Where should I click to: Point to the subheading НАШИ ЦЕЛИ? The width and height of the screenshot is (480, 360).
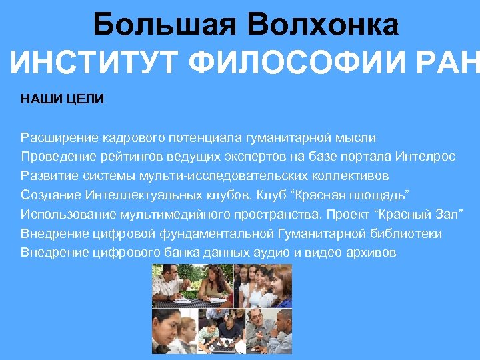(62, 99)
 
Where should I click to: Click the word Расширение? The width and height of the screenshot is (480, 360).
(59, 138)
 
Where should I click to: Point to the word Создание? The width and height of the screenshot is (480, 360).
(50, 195)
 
